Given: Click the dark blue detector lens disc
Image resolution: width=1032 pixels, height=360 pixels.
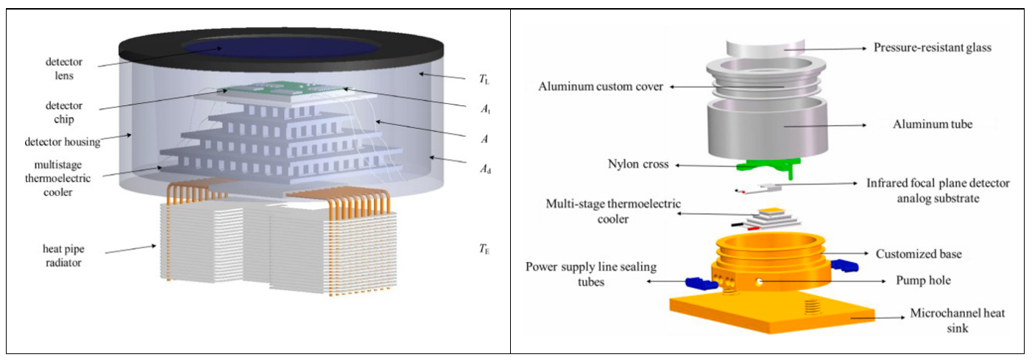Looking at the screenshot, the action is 281,47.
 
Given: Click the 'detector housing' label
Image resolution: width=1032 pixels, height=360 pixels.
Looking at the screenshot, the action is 63,142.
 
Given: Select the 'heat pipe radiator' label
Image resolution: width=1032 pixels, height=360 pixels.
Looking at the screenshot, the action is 63,255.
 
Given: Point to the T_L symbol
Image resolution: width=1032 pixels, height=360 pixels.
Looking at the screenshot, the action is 484,80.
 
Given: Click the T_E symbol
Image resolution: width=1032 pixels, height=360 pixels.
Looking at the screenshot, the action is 484,250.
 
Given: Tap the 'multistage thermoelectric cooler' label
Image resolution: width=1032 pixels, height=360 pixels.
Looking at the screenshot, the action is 58,178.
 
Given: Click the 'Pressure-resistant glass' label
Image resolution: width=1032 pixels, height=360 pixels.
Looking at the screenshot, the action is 933,47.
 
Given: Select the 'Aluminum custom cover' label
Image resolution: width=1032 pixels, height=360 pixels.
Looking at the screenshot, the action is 601,87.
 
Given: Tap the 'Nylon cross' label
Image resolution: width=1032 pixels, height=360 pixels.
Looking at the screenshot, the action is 638,164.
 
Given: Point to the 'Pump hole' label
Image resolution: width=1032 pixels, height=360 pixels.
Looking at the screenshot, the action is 923,280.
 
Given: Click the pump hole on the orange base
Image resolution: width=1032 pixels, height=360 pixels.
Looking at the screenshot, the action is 759,281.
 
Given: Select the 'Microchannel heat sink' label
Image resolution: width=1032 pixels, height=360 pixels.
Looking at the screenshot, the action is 958,321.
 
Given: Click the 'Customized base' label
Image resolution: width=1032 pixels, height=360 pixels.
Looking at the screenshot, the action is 919,254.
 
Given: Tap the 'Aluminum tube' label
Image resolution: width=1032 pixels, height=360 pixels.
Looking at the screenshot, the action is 933,124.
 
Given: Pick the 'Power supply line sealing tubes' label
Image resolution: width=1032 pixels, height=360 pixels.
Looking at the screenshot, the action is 591,275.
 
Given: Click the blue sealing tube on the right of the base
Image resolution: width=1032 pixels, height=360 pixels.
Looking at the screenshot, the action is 844,266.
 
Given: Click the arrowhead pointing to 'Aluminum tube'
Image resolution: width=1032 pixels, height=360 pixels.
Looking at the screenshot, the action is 863,125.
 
